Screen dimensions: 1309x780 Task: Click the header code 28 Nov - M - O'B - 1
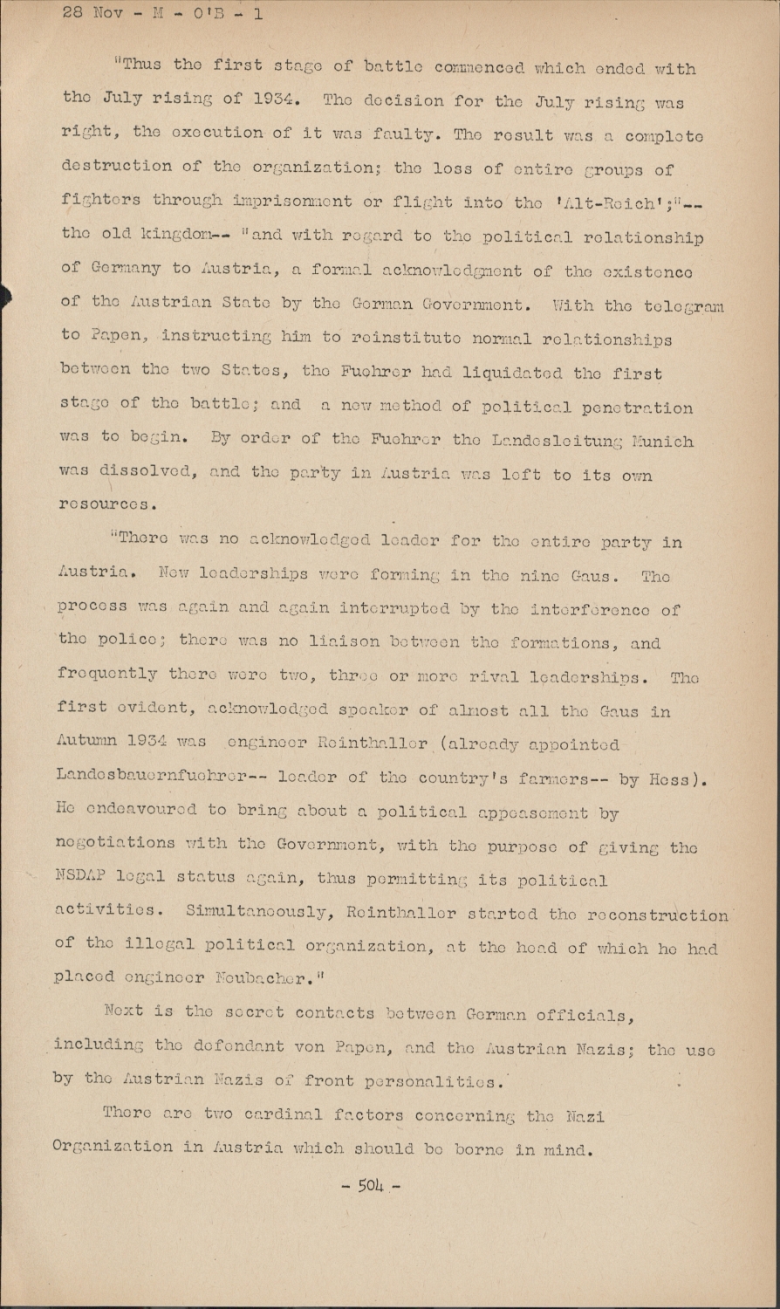tap(162, 14)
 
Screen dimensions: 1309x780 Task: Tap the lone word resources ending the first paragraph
tap(107, 504)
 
